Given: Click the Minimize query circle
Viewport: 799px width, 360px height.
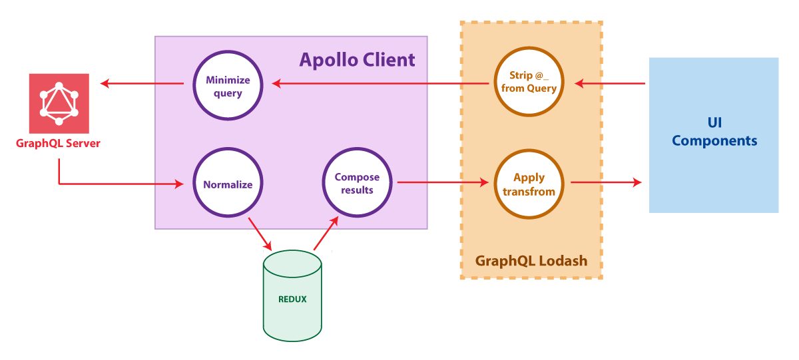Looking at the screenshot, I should (x=228, y=86).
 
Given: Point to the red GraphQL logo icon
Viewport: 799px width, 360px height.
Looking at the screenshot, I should (x=59, y=103).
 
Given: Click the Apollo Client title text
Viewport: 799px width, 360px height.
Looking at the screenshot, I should (x=357, y=60).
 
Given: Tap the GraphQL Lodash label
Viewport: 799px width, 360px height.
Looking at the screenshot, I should (x=531, y=260).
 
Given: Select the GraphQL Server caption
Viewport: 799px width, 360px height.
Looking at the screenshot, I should (x=59, y=143).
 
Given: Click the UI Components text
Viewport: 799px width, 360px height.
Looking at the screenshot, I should (x=714, y=132).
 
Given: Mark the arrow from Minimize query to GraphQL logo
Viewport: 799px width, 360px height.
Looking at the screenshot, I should (x=142, y=83).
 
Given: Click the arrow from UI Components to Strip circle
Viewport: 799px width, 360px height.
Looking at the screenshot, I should (x=610, y=83).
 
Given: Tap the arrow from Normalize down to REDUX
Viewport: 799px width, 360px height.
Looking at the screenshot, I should (x=260, y=232).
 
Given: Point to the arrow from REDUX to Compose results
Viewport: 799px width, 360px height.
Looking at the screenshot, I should (x=326, y=234).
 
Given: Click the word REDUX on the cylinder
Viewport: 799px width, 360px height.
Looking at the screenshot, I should (x=292, y=299).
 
